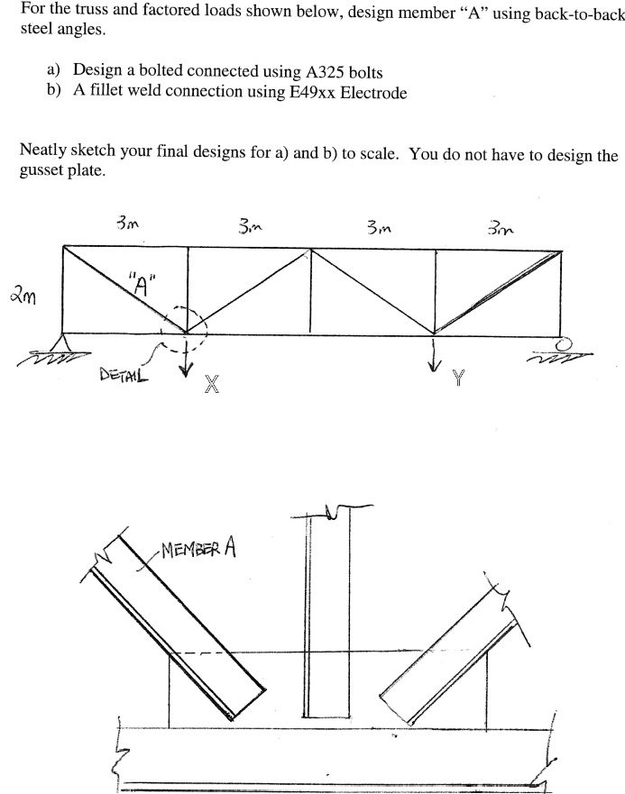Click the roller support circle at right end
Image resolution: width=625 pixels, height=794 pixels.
pos(565,343)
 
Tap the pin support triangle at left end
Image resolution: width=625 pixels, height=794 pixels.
pos(63,343)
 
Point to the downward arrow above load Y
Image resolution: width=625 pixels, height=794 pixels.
pos(436,354)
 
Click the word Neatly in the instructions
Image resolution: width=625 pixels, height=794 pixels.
pos(44,152)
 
